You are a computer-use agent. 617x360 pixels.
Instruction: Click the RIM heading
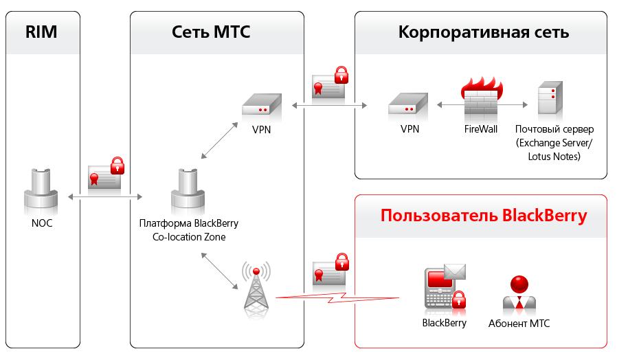coord(41,32)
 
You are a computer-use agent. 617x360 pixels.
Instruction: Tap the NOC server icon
coord(41,192)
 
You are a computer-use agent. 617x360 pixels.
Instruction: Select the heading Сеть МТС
coord(211,32)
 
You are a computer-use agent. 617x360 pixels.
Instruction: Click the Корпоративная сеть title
coord(484,32)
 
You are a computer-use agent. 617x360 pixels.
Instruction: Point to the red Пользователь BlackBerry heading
coord(484,216)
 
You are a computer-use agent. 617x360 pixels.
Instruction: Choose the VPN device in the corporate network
coord(408,104)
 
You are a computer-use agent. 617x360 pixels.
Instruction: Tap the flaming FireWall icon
coord(481,98)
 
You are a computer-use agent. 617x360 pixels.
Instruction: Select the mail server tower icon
coord(550,98)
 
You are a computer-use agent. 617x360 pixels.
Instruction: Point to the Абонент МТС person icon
coord(519,293)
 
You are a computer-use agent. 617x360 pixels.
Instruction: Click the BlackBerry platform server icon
coord(188,192)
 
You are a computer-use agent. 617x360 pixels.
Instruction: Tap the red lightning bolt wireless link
coord(337,297)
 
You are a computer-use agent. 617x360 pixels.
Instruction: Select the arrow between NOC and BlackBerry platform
coord(105,196)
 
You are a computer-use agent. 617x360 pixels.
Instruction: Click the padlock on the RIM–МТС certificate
coord(117,166)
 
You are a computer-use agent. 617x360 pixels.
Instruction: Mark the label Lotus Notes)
coord(554,157)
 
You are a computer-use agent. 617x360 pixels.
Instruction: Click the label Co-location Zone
coord(189,237)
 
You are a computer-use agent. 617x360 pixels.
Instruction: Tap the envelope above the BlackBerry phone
coord(455,272)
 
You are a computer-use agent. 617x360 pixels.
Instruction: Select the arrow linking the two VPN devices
coord(329,105)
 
